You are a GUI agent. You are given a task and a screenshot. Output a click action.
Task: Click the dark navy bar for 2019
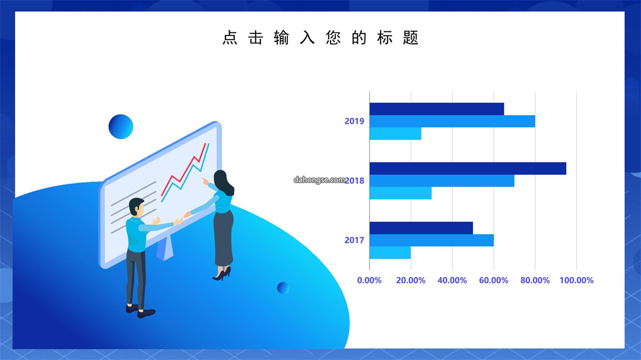click(437, 109)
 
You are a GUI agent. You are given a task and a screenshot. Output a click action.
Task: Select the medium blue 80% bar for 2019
click(452, 122)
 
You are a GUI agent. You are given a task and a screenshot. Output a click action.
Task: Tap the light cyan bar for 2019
click(395, 133)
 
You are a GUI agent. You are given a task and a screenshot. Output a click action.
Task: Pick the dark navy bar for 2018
click(468, 168)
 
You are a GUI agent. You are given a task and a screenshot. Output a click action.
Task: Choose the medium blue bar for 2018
click(442, 181)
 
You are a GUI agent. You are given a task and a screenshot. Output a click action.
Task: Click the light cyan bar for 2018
click(400, 193)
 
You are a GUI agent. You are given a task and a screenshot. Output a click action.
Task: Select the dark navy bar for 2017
click(421, 228)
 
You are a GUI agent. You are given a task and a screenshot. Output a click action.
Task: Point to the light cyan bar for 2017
click(390, 253)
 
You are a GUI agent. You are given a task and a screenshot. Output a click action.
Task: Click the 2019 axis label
click(354, 121)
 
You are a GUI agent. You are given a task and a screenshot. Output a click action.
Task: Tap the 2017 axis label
click(354, 240)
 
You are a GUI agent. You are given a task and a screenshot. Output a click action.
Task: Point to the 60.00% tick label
click(493, 281)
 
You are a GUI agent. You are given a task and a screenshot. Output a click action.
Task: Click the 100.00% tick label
click(576, 281)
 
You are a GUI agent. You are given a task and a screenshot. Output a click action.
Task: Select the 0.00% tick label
click(369, 281)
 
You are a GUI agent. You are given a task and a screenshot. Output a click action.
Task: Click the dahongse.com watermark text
click(319, 180)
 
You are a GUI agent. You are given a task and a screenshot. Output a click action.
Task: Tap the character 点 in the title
click(230, 37)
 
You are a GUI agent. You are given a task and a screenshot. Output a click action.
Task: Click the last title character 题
click(411, 37)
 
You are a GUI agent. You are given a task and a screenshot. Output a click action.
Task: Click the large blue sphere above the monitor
click(120, 127)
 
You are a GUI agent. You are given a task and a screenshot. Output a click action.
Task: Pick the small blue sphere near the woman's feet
click(283, 288)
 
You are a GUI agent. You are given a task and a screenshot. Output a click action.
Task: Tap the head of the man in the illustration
click(137, 207)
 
